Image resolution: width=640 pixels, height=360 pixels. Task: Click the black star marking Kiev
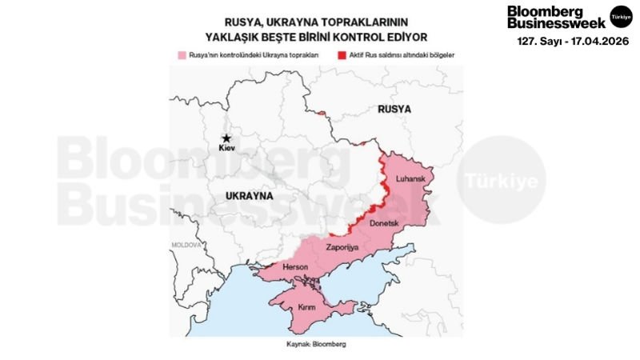coord(226,138)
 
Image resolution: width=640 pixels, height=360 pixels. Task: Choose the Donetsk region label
coord(382,223)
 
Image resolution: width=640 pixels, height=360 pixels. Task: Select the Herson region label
coord(286,268)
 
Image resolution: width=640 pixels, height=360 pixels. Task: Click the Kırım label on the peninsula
coord(308,307)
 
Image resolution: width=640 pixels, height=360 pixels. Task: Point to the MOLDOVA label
coord(185,245)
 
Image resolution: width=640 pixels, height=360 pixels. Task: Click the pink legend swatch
coord(180,56)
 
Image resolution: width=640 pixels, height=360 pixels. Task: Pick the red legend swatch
coord(342,56)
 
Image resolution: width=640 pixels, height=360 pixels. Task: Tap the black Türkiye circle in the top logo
coord(620,16)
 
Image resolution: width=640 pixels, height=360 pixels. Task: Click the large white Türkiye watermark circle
coord(506,179)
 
